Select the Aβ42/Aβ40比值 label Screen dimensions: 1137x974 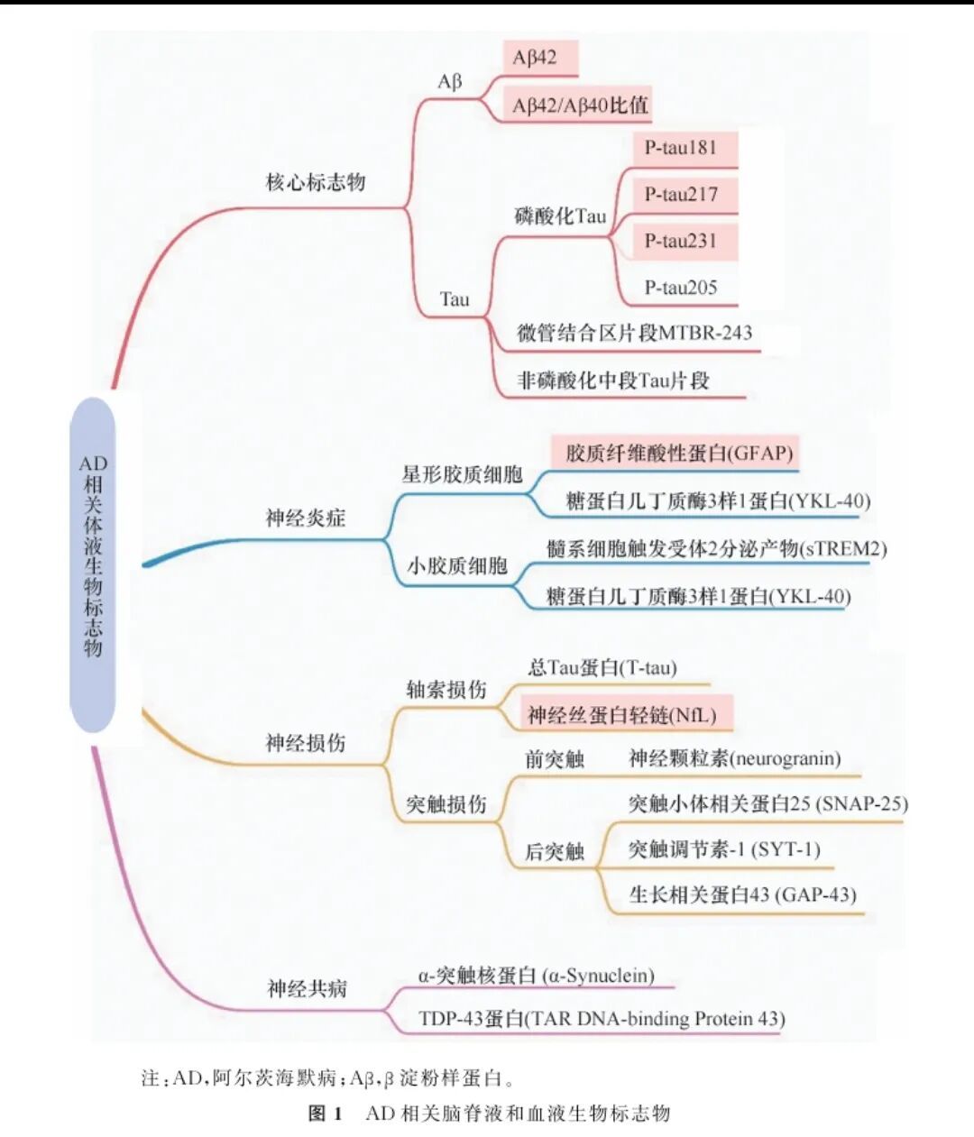580,105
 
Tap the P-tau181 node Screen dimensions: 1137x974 681,148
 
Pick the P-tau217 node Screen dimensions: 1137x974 681,195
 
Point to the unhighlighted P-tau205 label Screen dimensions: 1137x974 681,288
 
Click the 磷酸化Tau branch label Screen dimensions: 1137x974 560,216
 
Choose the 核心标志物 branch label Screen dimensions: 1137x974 315,182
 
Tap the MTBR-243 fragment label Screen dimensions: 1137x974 634,333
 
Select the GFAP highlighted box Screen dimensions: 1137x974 678,453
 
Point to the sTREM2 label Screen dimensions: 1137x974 717,548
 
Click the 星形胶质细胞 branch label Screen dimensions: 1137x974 462,474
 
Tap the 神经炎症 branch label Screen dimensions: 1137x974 306,518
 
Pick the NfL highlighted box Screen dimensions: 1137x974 621,715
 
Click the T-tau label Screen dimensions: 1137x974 602,668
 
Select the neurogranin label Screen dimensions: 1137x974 734,758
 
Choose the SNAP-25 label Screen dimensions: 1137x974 767,803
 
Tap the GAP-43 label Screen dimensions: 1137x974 741,894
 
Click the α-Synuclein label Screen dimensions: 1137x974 536,975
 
